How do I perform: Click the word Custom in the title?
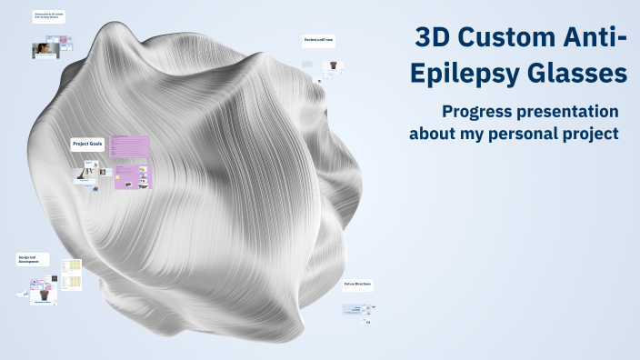click(x=519, y=38)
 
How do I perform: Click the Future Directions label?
click(x=357, y=285)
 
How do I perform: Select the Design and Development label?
click(x=30, y=260)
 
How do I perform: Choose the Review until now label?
click(x=319, y=41)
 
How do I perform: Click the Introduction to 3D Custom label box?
click(x=49, y=17)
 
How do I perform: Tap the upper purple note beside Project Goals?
click(x=129, y=146)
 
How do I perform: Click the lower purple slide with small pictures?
click(x=133, y=176)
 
